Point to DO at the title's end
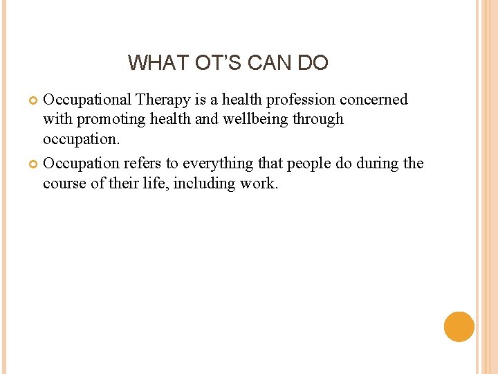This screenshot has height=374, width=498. tap(313, 63)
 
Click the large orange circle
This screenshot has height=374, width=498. tap(459, 326)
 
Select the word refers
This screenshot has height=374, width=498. tap(143, 163)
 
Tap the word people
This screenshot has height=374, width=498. tap(304, 164)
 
